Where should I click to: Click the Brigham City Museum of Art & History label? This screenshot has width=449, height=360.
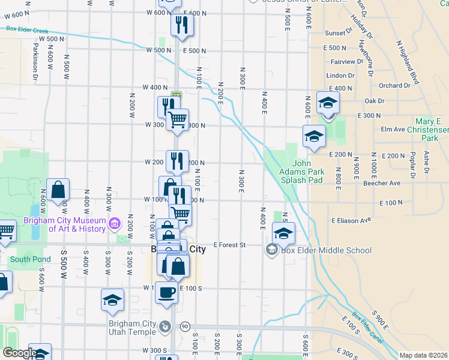[64, 224]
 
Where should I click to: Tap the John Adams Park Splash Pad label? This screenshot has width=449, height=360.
[308, 172]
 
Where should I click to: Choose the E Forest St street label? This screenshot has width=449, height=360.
[231, 245]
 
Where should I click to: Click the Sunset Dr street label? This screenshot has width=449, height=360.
[339, 33]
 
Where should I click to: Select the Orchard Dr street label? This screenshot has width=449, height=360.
[394, 86]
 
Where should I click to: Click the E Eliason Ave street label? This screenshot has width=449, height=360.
[350, 220]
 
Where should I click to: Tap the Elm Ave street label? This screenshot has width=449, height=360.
[393, 129]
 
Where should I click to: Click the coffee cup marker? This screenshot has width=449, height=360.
[166, 292]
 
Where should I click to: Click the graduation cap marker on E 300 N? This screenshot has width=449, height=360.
[328, 102]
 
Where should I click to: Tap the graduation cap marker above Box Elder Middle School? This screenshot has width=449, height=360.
[284, 233]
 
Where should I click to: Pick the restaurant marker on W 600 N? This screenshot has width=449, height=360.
[181, 25]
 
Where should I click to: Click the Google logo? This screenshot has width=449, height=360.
[20, 353]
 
